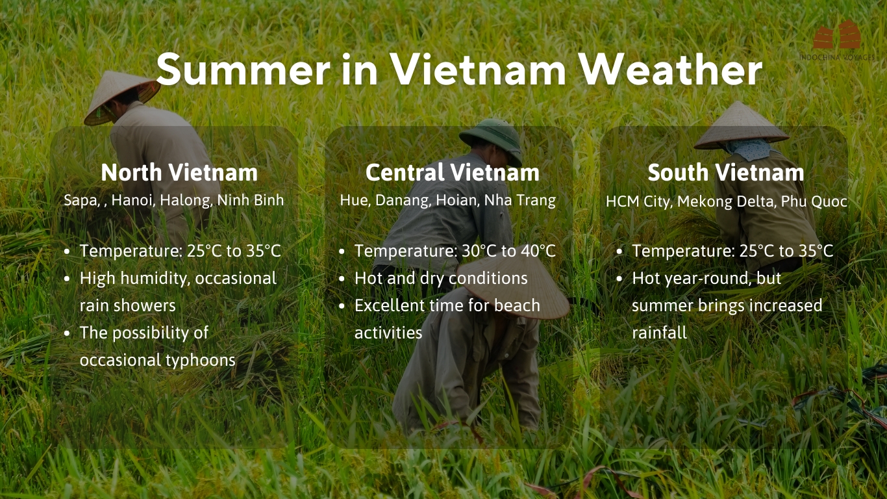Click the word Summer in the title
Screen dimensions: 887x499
[243, 69]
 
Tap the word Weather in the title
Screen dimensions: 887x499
[670, 69]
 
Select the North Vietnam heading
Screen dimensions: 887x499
[179, 172]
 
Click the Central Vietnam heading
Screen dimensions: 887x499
[452, 172]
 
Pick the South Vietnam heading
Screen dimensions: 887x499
[726, 172]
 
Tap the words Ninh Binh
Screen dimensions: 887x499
[250, 200]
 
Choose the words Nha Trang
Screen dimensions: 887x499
[520, 201]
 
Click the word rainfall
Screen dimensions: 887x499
[659, 333]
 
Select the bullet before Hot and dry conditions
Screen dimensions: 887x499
[342, 279]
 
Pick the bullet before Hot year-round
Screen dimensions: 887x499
[619, 279]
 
